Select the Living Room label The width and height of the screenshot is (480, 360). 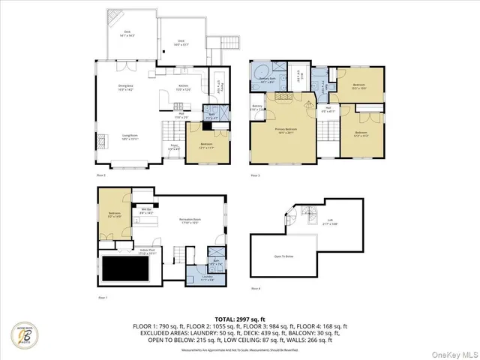click(x=130, y=137)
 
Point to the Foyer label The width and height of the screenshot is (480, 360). click(x=173, y=147)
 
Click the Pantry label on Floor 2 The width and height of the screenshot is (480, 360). click(x=218, y=85)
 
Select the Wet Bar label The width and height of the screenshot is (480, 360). click(x=147, y=211)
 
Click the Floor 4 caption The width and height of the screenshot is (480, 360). click(x=256, y=289)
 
